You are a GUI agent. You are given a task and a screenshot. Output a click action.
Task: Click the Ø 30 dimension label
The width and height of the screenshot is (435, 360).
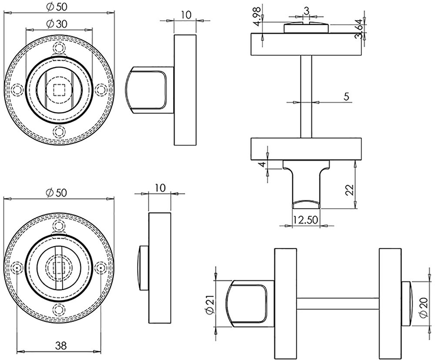coord(57,24)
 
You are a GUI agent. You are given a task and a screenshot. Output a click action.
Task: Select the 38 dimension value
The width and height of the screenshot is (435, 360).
coord(61,346)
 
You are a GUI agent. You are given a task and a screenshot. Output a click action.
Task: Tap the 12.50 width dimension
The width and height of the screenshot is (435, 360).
coord(305,220)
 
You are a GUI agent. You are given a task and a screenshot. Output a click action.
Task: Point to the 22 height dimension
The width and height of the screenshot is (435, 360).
coord(350,190)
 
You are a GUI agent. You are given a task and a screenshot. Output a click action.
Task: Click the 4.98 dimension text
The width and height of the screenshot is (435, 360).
coord(258,17)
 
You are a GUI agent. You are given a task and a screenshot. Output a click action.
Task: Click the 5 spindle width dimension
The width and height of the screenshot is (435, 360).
coord(346,97)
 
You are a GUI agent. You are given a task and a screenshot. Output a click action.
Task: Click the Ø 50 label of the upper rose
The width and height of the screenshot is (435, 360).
coord(57,7)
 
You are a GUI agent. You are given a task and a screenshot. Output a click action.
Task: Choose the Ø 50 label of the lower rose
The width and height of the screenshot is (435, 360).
coord(57,193)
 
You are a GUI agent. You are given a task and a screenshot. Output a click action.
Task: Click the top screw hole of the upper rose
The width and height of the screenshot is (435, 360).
coord(59,48)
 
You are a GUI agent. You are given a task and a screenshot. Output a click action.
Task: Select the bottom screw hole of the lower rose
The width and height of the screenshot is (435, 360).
coord(59,309)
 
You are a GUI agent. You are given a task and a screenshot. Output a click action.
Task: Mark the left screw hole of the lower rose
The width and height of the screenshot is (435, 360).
coord(18,268)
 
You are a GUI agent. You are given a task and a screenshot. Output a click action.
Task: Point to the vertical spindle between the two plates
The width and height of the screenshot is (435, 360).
coord(306,97)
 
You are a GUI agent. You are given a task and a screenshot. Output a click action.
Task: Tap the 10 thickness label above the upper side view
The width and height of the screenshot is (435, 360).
coord(186,15)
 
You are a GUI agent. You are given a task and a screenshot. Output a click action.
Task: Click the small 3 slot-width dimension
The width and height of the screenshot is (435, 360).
coord(306,11)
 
